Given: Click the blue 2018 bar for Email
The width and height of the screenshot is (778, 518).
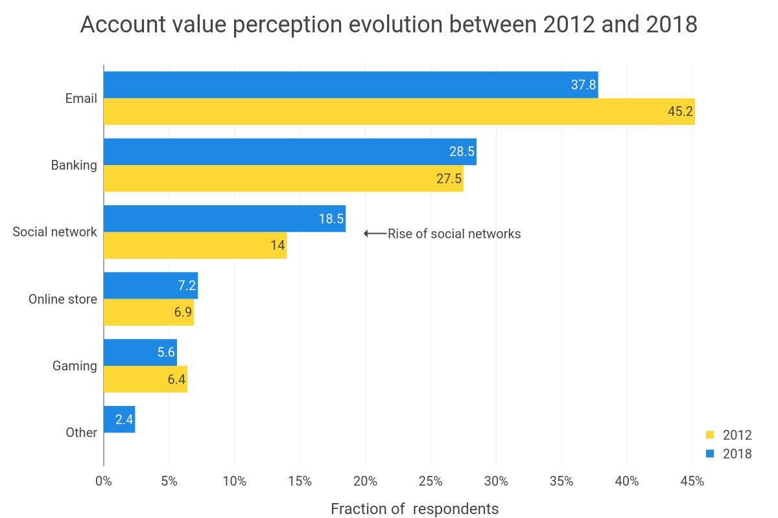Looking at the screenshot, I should coord(350,85).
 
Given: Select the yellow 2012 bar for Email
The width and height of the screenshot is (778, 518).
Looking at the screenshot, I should coord(399,112).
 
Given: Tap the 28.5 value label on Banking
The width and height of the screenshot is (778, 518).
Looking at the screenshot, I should coord(462,152).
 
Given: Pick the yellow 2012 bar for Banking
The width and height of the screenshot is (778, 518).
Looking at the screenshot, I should coord(283,179).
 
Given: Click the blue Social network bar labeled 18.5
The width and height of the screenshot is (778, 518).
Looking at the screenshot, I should coord(224,219).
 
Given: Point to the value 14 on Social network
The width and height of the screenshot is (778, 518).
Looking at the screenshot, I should coord(278,246).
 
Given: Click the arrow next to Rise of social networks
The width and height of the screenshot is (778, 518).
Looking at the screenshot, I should coord(375,234).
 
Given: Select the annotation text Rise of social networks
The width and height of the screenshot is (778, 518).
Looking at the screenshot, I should coord(454,234).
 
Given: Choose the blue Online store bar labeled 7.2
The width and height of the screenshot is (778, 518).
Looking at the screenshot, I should coord(150,286).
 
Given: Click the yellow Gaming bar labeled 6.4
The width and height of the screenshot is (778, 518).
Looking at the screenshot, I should coord(145,379).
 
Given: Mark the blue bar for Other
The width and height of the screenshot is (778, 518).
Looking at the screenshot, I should coord(119,420).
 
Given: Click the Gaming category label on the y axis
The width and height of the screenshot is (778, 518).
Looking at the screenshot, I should coord(75,366).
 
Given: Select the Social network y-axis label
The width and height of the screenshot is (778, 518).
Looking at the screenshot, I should coord(54,232).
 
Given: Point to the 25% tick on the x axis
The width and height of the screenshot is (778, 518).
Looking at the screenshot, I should coord(430,481).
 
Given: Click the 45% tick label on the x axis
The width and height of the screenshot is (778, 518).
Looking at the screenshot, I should coord(692,481).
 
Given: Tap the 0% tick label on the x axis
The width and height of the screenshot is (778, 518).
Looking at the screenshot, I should coord(104,481).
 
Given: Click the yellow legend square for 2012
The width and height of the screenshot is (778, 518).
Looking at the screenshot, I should coord(709,434).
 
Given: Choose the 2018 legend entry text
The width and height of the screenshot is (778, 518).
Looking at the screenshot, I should coord(737,454).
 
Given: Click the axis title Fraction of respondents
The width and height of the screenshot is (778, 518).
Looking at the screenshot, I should coord(414,509).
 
